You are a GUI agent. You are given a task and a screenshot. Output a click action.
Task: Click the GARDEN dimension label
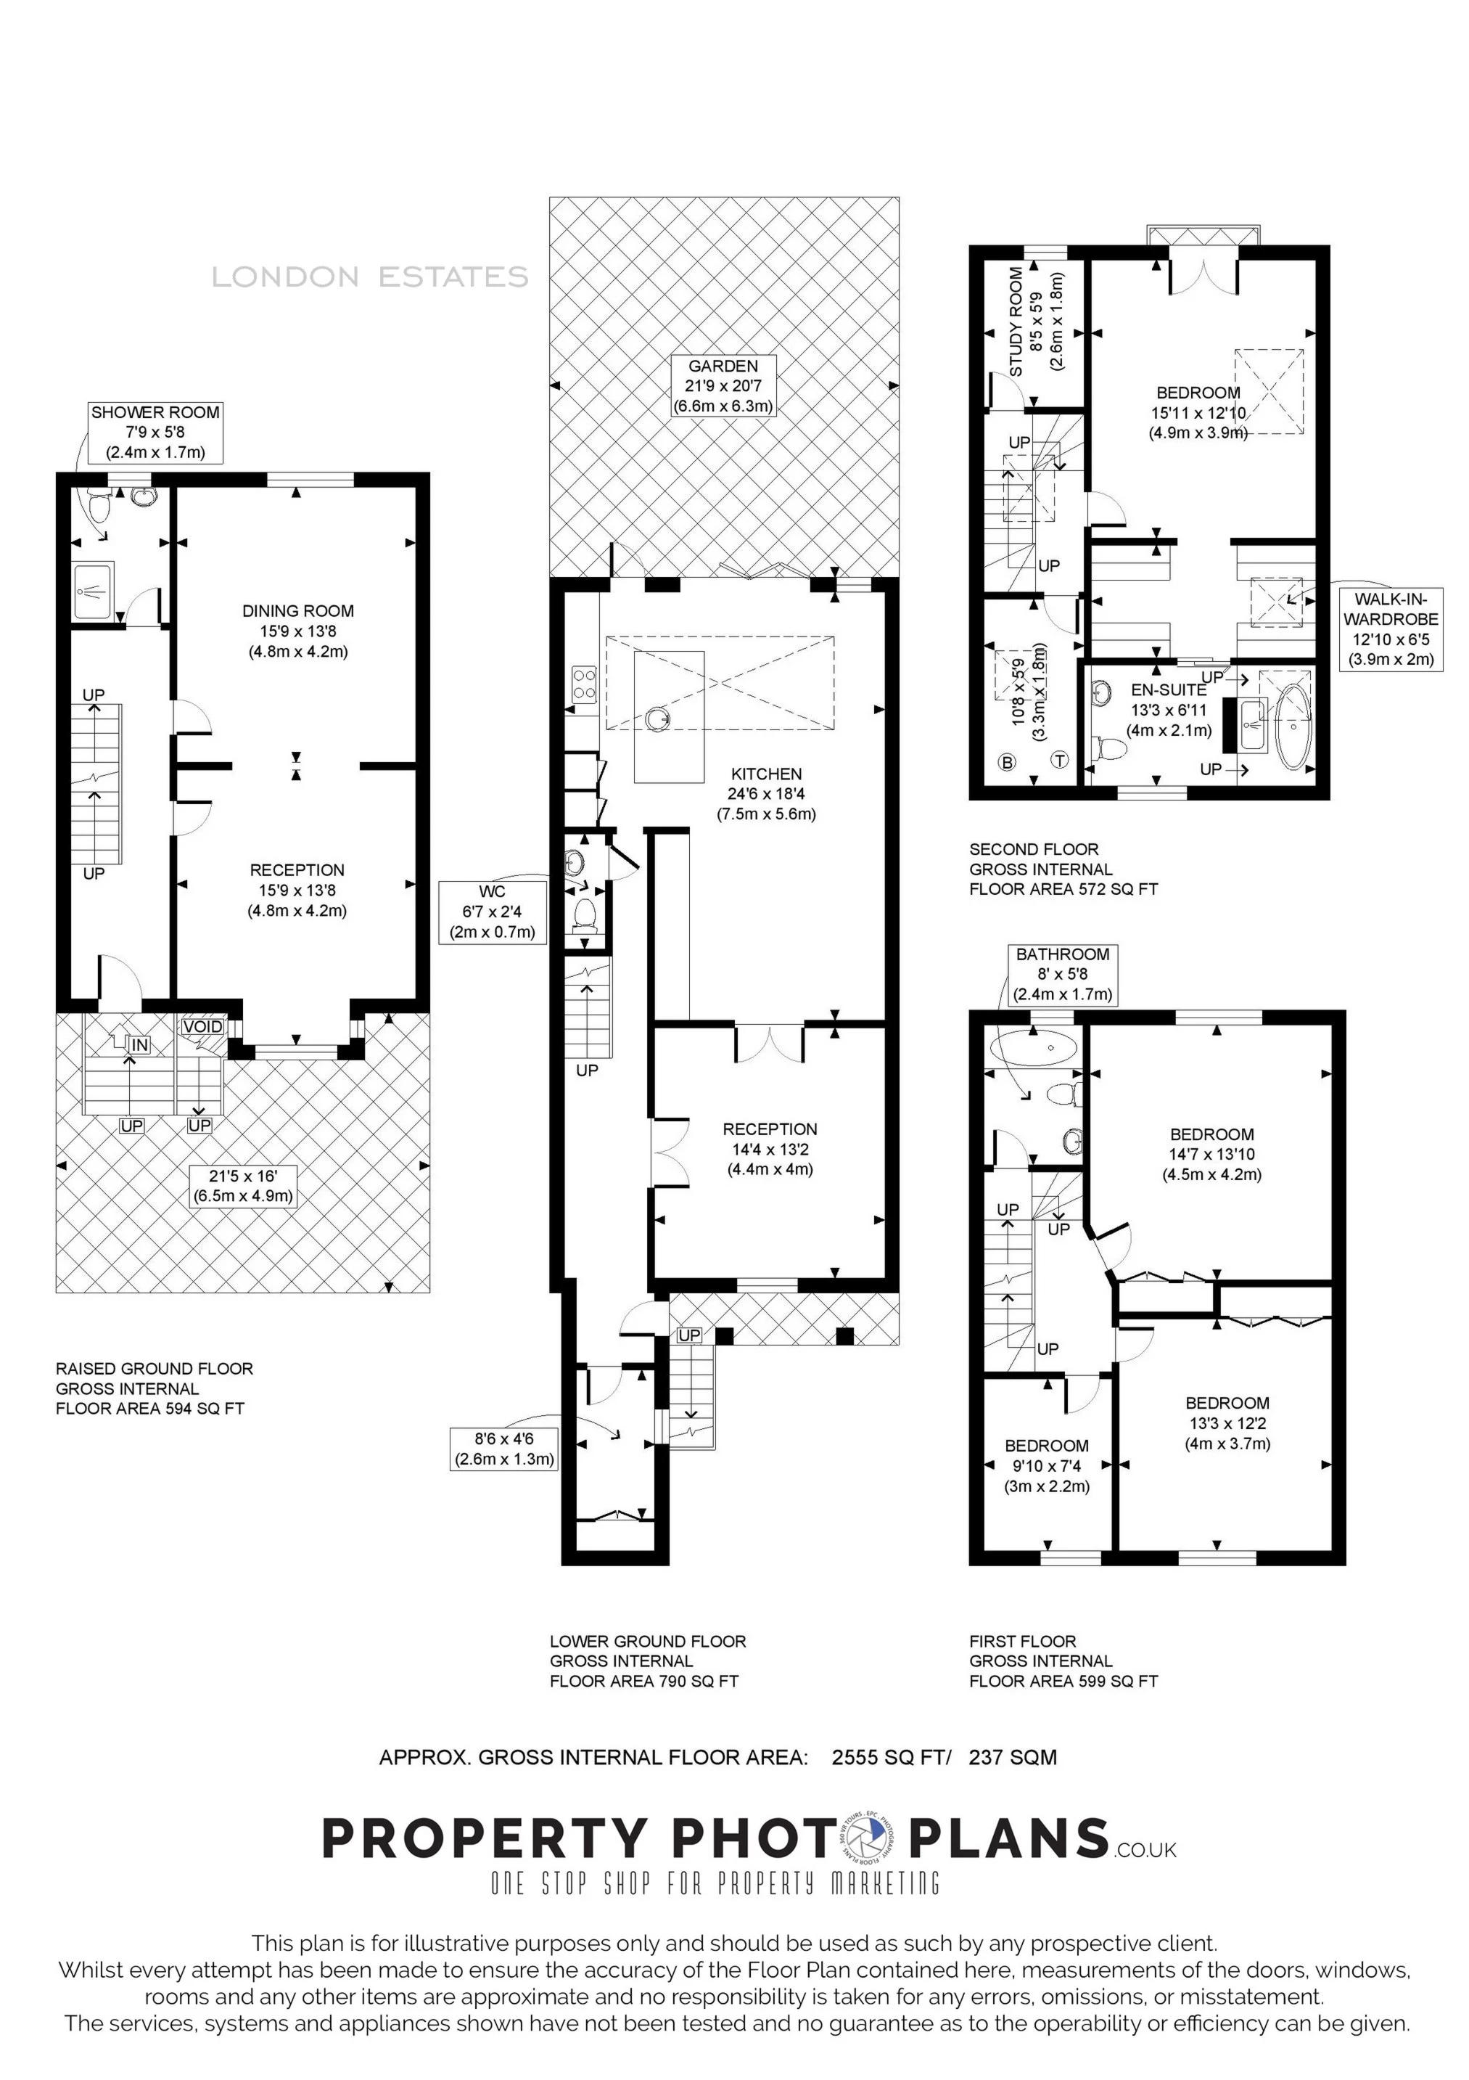(723, 386)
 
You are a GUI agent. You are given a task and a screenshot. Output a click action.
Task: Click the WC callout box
(493, 912)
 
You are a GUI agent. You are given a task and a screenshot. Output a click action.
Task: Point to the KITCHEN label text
(766, 774)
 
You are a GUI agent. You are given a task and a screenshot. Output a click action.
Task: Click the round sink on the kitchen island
(659, 718)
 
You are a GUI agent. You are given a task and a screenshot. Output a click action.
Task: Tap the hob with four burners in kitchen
(584, 683)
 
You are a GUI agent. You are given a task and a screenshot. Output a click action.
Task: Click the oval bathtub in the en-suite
(1293, 726)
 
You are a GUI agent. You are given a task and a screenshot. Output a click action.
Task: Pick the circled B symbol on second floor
(1007, 762)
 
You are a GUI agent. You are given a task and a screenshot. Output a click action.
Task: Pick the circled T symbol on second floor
(1060, 760)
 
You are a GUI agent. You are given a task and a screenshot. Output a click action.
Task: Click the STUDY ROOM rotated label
(1016, 322)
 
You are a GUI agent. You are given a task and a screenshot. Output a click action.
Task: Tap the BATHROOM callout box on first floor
(1062, 975)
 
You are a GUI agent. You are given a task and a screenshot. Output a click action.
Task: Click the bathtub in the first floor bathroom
(1034, 1048)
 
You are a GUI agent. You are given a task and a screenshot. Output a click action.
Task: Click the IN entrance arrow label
(139, 1045)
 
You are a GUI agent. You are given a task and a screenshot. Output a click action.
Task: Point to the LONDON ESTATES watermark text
(369, 277)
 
